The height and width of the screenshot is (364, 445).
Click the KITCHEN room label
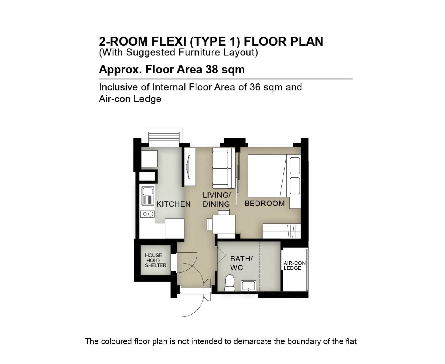click(174, 204)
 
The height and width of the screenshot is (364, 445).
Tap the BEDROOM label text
click(264, 204)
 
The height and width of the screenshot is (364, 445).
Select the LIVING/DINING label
click(216, 200)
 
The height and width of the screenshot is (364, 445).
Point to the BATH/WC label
click(241, 263)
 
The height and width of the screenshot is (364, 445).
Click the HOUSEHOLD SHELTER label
click(156, 260)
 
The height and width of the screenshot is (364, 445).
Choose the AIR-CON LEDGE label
click(295, 266)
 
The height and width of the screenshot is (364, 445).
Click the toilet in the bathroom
click(229, 283)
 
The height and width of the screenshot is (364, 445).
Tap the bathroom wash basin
click(249, 286)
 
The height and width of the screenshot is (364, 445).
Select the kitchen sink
click(148, 196)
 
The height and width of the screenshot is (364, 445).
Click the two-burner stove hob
click(147, 214)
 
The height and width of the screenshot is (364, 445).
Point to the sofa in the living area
click(224, 168)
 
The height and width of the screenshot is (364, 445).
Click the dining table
click(224, 224)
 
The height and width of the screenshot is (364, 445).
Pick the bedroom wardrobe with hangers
click(281, 231)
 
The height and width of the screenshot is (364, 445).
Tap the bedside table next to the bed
click(295, 203)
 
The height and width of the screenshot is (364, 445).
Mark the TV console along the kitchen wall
click(190, 167)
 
